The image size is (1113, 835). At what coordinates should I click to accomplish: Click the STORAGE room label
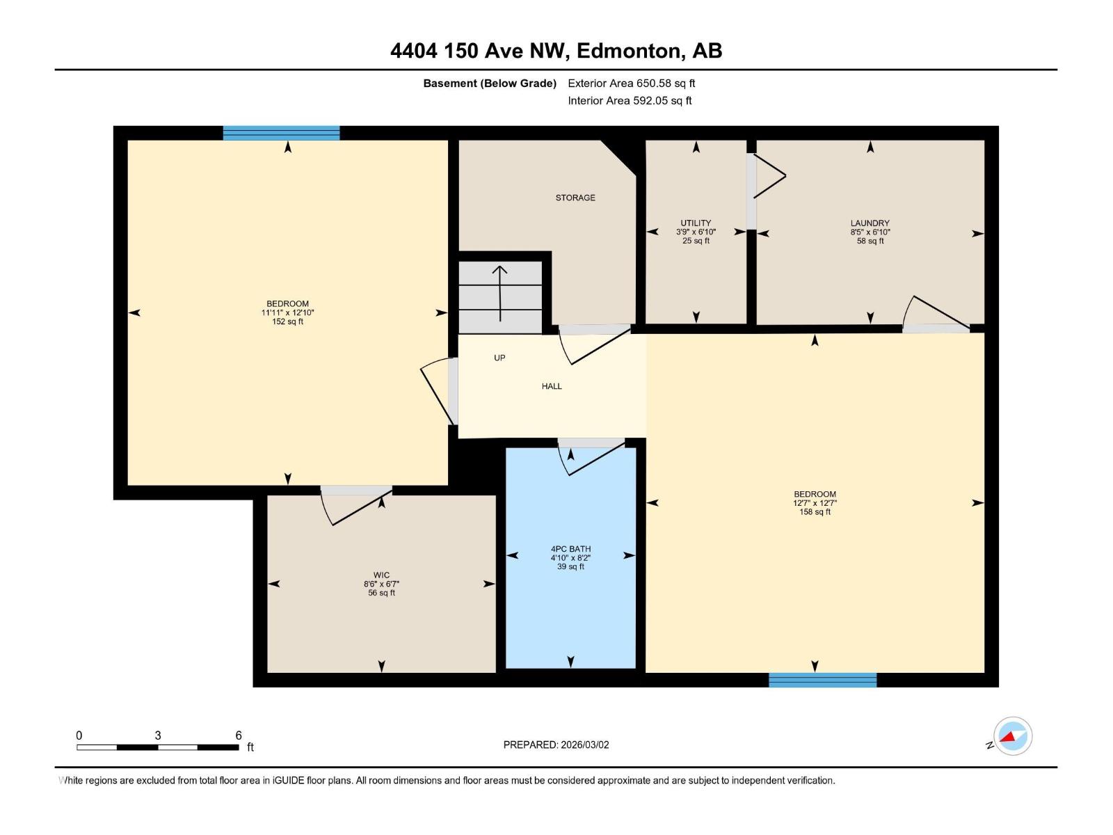pyautogui.click(x=575, y=198)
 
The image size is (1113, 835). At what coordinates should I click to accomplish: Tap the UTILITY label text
pyautogui.click(x=696, y=223)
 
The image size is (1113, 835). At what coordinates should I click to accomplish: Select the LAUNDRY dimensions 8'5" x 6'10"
pyautogui.click(x=870, y=232)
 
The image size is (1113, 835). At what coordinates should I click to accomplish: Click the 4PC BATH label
pyautogui.click(x=570, y=549)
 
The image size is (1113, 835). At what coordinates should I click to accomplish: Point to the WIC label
pyautogui.click(x=381, y=575)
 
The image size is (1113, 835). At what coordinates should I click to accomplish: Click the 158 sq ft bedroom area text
pyautogui.click(x=815, y=512)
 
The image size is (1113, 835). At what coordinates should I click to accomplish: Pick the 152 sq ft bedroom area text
pyautogui.click(x=287, y=322)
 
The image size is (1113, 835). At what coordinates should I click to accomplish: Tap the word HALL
pyautogui.click(x=552, y=386)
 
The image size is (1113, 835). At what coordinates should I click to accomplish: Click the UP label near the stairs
pyautogui.click(x=499, y=358)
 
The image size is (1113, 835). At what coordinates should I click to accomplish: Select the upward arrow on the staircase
pyautogui.click(x=500, y=292)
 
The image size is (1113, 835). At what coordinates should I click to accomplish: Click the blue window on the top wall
pyautogui.click(x=281, y=133)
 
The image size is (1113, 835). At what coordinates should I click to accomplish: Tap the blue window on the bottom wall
pyautogui.click(x=822, y=680)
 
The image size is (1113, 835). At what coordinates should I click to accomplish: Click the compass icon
pyautogui.click(x=1013, y=736)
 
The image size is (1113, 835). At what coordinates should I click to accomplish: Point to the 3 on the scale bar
pyautogui.click(x=158, y=735)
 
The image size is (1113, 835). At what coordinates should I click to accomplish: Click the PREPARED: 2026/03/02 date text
pyautogui.click(x=556, y=745)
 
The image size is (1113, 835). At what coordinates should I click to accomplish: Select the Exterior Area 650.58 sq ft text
pyautogui.click(x=631, y=83)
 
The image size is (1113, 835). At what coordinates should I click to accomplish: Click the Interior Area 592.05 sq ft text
pyautogui.click(x=630, y=100)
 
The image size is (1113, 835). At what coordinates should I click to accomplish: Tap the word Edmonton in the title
pyautogui.click(x=627, y=51)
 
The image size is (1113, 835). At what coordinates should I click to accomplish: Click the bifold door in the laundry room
pyautogui.click(x=768, y=177)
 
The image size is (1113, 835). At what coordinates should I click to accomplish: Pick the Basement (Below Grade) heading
pyautogui.click(x=490, y=83)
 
